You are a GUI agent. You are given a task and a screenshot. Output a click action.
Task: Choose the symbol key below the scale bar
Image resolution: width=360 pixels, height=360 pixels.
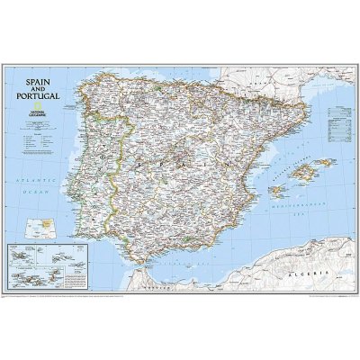coord(36,145)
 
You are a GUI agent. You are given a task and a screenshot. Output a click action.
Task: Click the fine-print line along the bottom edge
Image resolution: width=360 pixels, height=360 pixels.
coord(180,297)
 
